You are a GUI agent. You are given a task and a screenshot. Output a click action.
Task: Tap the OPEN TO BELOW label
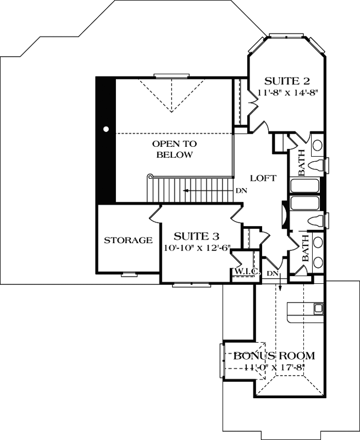(174, 149)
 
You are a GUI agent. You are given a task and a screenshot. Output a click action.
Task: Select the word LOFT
(263, 178)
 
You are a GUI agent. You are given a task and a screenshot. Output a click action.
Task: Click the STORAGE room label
(128, 240)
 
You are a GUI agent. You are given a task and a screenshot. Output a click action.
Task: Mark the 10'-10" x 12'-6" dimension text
(196, 249)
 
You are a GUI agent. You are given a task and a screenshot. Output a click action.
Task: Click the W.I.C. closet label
(242, 272)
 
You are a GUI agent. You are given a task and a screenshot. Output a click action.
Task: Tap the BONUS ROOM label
(270, 355)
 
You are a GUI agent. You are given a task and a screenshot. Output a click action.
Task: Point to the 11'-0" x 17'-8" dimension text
(270, 367)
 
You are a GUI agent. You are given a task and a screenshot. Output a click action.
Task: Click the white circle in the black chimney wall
(106, 129)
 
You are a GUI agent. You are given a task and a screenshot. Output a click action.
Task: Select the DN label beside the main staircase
(240, 191)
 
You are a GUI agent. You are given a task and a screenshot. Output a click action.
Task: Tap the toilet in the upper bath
(319, 164)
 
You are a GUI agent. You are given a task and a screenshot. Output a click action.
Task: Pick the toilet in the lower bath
(319, 220)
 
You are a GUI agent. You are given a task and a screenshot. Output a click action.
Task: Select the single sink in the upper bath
(318, 147)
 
